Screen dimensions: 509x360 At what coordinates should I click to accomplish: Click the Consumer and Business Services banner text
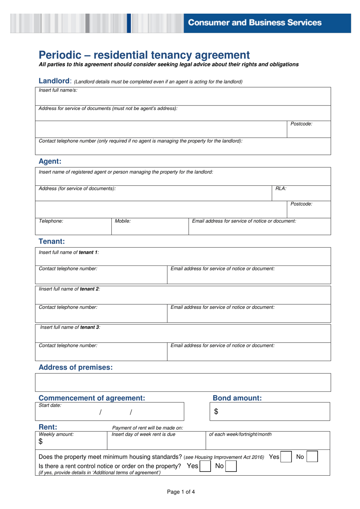point(255,23)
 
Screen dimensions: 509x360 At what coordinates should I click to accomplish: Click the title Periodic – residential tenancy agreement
point(144,55)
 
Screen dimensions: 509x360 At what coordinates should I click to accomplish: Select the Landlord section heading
point(54,81)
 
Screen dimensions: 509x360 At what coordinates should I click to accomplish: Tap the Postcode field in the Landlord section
point(308,130)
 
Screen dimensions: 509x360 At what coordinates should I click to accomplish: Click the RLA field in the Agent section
point(301,193)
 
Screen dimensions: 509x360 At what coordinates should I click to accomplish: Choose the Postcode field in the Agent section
point(308,210)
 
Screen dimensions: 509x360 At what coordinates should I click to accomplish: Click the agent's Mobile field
point(150,227)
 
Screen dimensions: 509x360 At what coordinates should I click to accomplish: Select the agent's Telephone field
point(73,227)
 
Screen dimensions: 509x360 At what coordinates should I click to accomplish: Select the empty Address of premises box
point(183,382)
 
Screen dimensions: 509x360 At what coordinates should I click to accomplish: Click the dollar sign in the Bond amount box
point(216,412)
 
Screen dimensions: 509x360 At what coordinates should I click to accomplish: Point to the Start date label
point(50,405)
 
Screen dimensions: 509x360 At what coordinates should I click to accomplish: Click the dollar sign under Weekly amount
point(41,441)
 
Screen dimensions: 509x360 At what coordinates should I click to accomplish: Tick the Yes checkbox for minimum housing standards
point(286,457)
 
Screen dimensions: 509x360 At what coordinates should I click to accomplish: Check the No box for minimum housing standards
point(312,457)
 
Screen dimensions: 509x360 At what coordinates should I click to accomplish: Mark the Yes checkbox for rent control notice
point(205,466)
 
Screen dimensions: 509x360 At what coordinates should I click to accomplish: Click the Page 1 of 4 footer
point(181,492)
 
